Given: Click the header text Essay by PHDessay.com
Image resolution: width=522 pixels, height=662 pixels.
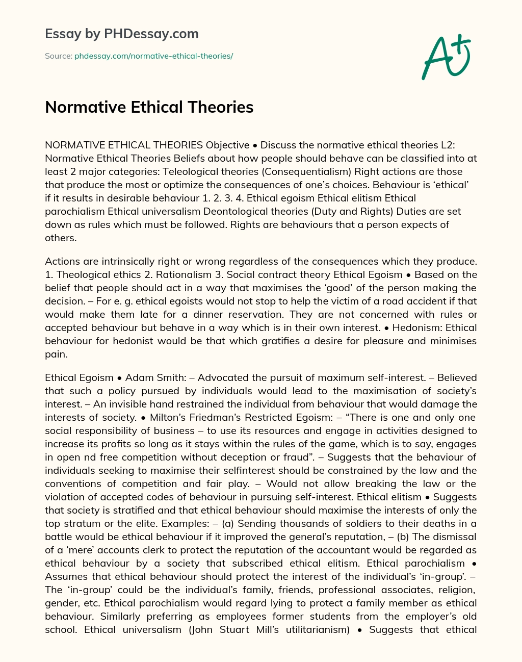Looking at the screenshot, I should pyautogui.click(x=122, y=34).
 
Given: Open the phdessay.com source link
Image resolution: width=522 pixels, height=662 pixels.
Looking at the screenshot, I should pyautogui.click(x=153, y=56).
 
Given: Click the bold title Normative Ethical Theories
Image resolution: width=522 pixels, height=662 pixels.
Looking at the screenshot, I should pyautogui.click(x=149, y=107).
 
